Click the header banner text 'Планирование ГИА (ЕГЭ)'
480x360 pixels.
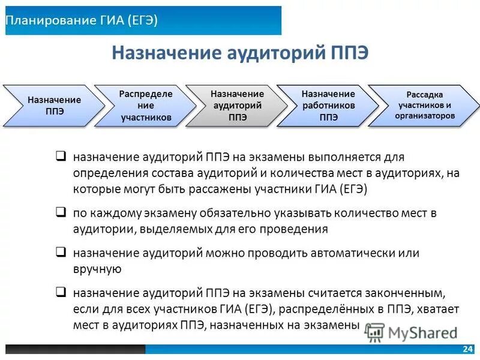click(x=82, y=20)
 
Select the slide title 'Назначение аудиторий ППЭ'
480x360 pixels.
click(x=240, y=54)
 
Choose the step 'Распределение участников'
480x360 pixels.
click(x=146, y=106)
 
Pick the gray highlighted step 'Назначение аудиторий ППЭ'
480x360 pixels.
click(x=237, y=106)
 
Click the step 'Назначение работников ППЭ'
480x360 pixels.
click(x=328, y=106)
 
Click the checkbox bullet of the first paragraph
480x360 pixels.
click(x=61, y=157)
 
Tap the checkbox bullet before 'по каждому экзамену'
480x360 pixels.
click(x=61, y=212)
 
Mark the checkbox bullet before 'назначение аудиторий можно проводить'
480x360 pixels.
click(x=61, y=252)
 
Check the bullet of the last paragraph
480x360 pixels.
click(x=61, y=292)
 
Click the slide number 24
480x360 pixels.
click(x=467, y=349)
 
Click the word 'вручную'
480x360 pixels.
click(x=98, y=269)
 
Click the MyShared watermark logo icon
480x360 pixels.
click(x=375, y=331)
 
